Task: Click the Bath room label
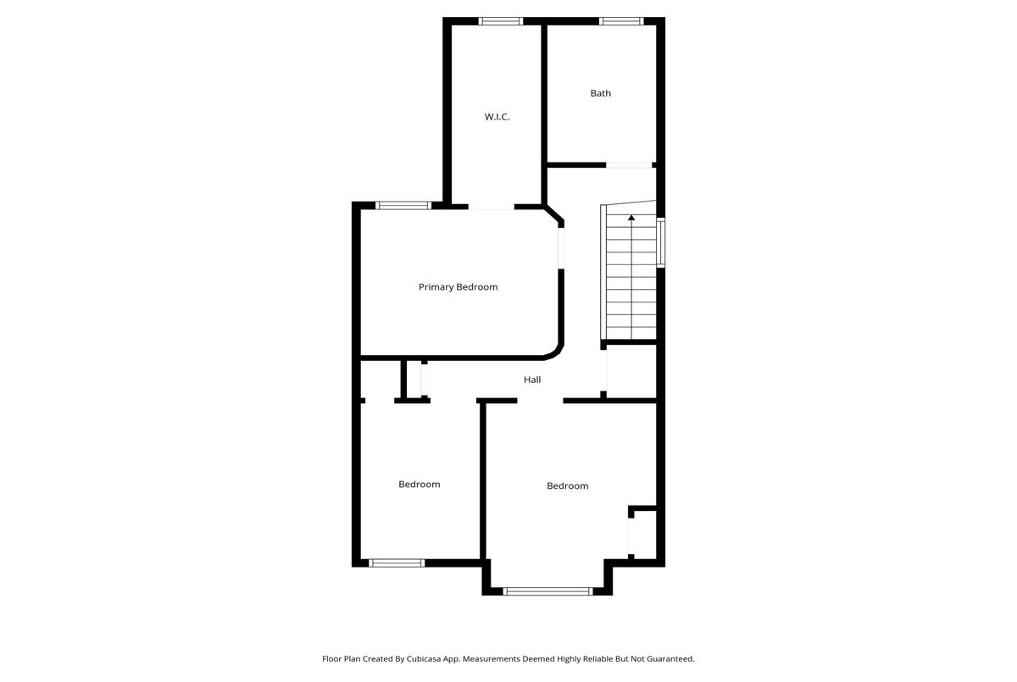point(600,93)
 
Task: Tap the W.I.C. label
point(497,117)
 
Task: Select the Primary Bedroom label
point(458,286)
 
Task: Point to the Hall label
point(532,380)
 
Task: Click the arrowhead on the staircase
point(631,218)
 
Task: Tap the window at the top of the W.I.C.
point(500,21)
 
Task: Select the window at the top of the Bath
point(620,21)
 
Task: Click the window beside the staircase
point(661,242)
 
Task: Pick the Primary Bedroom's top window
point(403,206)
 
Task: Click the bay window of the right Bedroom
point(547,591)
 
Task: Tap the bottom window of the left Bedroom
point(397,563)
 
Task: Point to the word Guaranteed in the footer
point(670,658)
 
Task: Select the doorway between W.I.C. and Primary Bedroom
point(491,207)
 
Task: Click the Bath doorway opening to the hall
point(629,165)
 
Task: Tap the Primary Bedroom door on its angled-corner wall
point(561,248)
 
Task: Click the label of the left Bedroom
point(419,484)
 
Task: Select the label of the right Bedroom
point(568,485)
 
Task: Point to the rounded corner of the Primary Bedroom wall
point(557,352)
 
